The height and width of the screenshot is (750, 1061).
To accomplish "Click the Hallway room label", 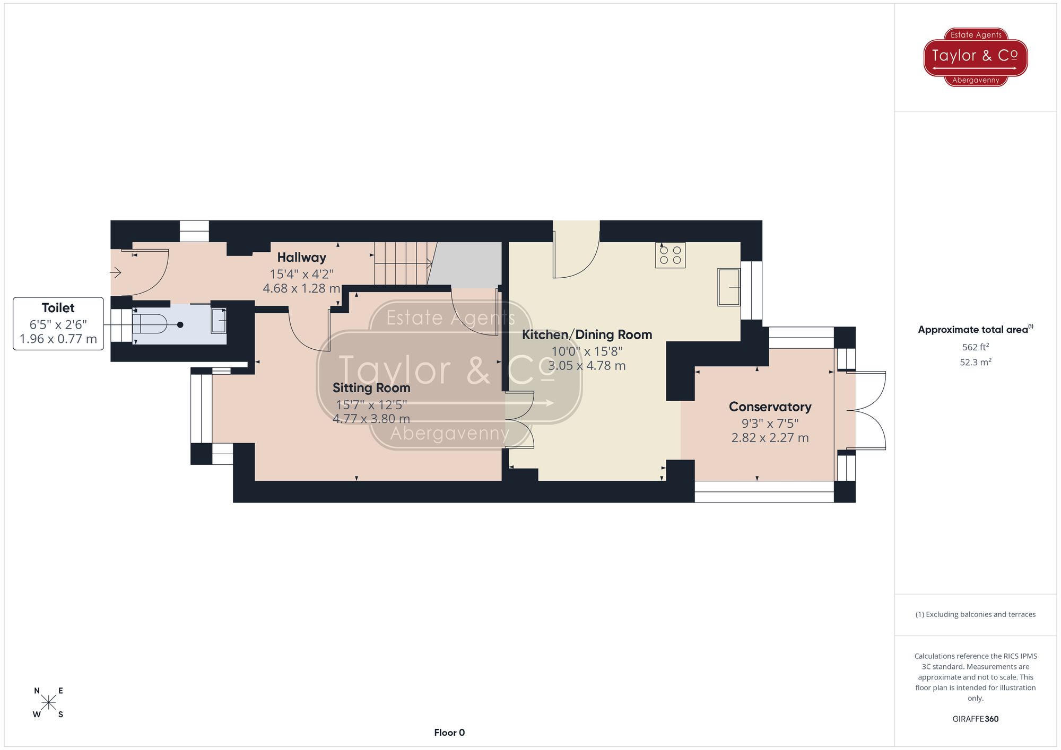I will point(301,258).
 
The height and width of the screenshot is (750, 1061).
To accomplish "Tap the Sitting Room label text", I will point(371,388).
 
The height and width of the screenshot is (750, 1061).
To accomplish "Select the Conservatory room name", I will point(770,407).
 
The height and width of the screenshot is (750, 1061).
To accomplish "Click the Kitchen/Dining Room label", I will point(587,335).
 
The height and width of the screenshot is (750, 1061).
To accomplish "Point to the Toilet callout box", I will point(58,323).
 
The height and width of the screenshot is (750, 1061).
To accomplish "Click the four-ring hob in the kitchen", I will point(670,255).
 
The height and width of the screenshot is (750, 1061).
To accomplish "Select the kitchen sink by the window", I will point(729,287).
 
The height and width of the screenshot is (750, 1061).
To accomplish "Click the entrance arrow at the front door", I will point(116,273).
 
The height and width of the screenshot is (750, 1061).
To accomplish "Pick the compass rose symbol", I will point(49,703).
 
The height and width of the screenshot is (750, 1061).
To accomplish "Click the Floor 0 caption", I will point(449,733).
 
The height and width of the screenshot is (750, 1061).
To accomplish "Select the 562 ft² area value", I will point(975,347).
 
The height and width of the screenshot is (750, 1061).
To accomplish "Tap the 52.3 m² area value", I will point(975,363).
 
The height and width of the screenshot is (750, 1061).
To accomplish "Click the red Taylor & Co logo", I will point(975,57).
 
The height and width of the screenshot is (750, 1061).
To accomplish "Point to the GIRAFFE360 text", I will point(975,719).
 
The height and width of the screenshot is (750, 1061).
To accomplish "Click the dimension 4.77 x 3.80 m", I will point(371,419).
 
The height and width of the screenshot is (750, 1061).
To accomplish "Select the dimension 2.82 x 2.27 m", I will point(770,438).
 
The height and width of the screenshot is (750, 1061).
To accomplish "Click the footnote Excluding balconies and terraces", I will point(975,615).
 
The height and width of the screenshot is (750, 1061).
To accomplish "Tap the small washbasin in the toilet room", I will point(219,321).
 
